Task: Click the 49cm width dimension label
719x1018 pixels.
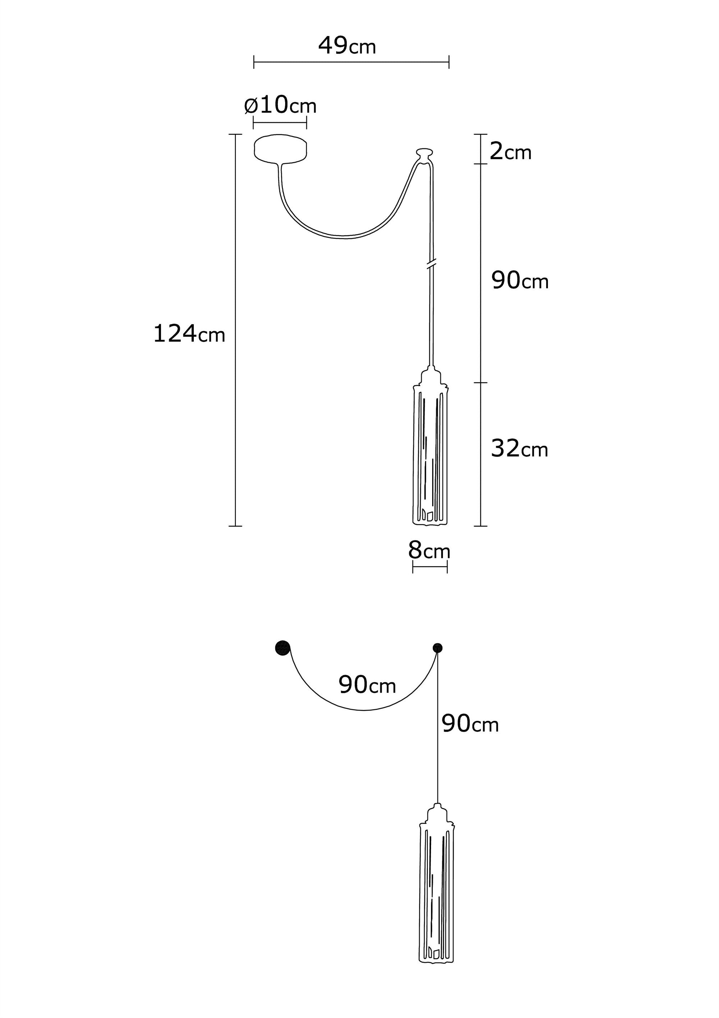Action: point(347,46)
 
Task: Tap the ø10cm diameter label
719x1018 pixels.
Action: point(280,105)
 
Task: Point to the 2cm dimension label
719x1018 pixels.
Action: point(510,152)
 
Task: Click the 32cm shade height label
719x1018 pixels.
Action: point(519,448)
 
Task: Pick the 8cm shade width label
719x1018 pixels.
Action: point(429,550)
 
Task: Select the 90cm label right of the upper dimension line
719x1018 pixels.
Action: point(520,280)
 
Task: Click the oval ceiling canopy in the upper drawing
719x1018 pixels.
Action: point(280,149)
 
